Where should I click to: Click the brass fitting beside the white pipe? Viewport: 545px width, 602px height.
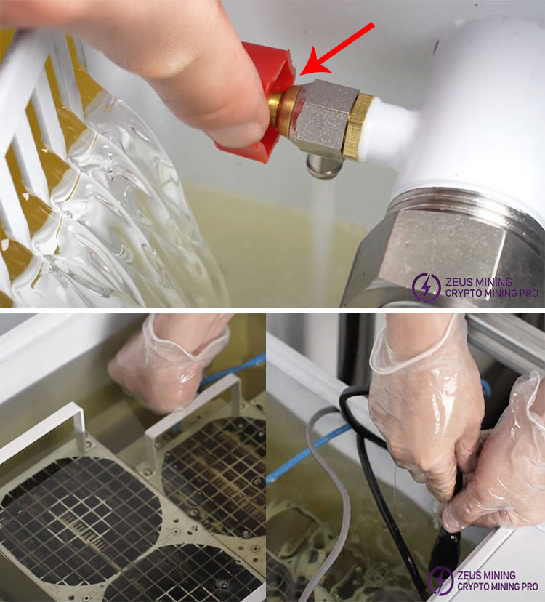click(x=358, y=127)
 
